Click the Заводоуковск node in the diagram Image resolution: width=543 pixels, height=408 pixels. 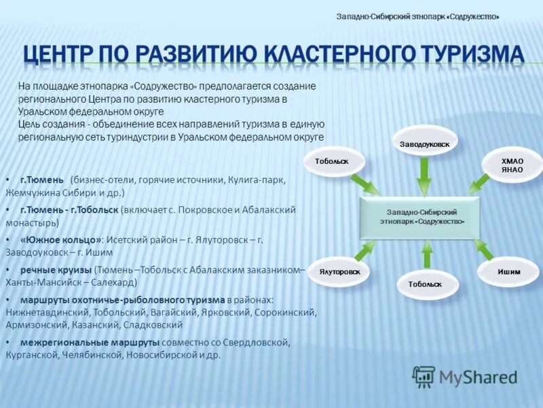pyautogui.click(x=425, y=143)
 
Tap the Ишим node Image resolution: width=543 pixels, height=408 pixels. pyautogui.click(x=508, y=271)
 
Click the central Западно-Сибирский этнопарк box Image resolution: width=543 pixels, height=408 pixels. pyautogui.click(x=422, y=217)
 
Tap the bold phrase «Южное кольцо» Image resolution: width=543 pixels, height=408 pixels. pyautogui.click(x=60, y=239)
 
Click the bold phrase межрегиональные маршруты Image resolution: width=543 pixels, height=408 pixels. pyautogui.click(x=90, y=342)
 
